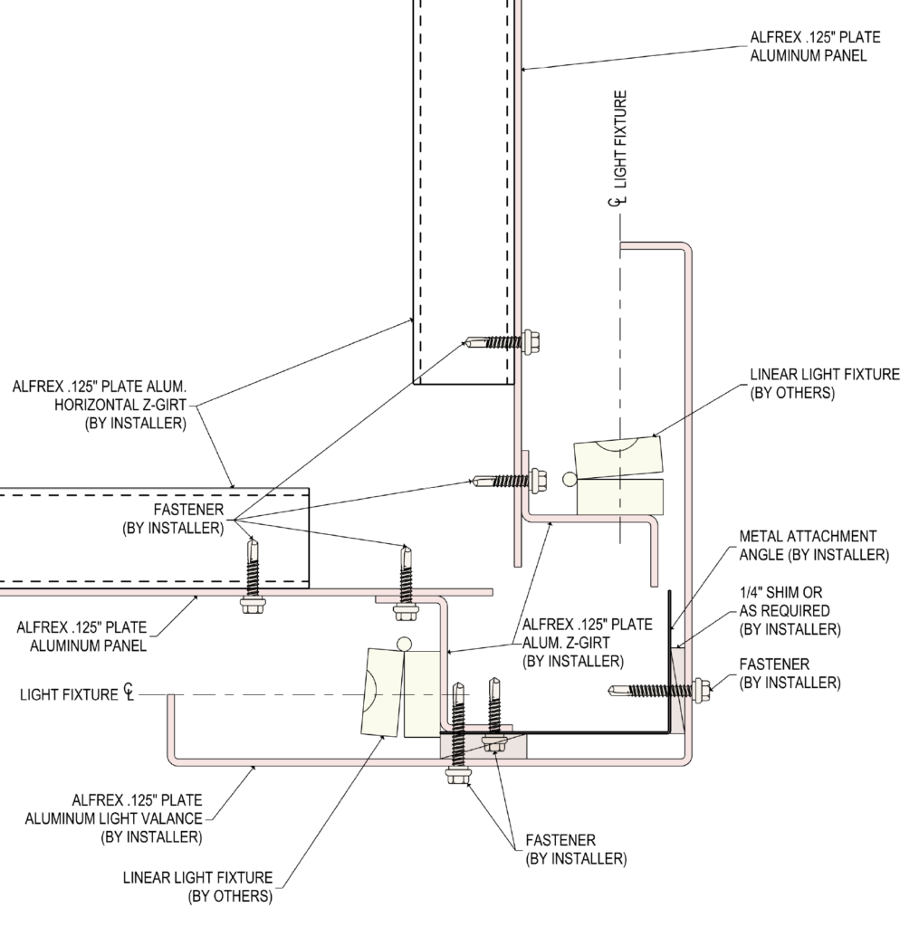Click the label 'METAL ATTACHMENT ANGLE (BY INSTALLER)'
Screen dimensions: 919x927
(x=814, y=545)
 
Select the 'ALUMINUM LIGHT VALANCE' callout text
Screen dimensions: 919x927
(x=113, y=818)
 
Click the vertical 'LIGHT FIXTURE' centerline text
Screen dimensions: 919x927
(x=620, y=139)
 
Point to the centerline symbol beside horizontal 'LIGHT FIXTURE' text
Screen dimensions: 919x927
(x=129, y=693)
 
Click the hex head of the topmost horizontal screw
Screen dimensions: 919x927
(x=531, y=341)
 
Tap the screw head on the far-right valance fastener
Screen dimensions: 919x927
(x=701, y=690)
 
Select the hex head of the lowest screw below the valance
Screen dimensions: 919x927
(x=458, y=775)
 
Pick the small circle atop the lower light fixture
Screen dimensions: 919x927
(x=404, y=644)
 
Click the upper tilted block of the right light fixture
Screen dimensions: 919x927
(x=618, y=457)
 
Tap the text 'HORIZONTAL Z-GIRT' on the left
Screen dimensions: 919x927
(x=120, y=405)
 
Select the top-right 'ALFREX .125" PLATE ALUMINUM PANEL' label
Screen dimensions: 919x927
(x=815, y=46)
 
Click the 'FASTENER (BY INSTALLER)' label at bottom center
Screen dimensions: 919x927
(x=576, y=849)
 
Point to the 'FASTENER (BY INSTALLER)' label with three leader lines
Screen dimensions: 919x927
(x=173, y=519)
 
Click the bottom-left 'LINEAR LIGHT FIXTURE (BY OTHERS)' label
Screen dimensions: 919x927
(x=197, y=886)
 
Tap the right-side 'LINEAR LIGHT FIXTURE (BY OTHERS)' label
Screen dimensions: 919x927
(x=825, y=383)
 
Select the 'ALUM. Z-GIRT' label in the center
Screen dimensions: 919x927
(x=566, y=643)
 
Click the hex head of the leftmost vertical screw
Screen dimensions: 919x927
(x=254, y=604)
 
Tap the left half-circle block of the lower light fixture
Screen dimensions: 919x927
(x=383, y=693)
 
